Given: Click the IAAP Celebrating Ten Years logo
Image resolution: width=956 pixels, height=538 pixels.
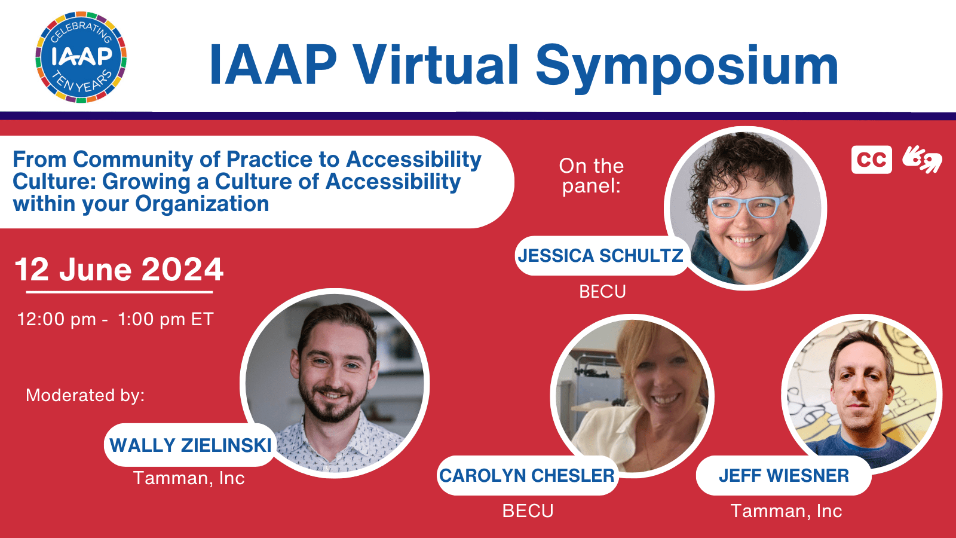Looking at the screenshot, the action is (x=81, y=57).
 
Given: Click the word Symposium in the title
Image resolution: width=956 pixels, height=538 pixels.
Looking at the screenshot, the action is (x=687, y=68).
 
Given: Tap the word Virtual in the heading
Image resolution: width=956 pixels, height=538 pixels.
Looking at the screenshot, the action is (x=437, y=65).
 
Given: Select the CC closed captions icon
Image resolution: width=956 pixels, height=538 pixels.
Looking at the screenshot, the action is (x=872, y=160).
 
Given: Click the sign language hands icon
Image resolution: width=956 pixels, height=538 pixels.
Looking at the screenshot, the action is (x=923, y=159).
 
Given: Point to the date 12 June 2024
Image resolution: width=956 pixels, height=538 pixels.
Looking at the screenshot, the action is (x=119, y=270).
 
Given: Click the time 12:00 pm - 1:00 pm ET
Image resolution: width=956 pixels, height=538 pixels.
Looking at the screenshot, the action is (x=115, y=319).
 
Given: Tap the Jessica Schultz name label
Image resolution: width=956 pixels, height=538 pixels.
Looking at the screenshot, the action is (x=600, y=255).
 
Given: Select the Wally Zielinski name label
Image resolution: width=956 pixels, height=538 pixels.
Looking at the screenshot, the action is (x=191, y=445).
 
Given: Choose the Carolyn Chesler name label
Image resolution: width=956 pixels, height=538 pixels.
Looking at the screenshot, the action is (x=527, y=475).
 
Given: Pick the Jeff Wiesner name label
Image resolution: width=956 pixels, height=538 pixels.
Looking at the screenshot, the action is (x=783, y=475).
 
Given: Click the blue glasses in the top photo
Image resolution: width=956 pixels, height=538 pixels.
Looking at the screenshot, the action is (x=747, y=207).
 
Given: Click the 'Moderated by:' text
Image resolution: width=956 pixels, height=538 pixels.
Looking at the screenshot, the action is (x=85, y=395).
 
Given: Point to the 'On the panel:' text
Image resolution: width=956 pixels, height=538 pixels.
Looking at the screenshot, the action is (x=592, y=176).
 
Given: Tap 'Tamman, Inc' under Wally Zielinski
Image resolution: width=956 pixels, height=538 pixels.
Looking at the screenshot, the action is (x=189, y=478).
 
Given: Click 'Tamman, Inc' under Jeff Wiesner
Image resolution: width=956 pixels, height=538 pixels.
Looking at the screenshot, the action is (x=786, y=511).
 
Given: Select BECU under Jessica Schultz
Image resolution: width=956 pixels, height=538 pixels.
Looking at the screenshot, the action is (x=602, y=292).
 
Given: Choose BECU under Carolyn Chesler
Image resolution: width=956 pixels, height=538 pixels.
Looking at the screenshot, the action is (x=528, y=511).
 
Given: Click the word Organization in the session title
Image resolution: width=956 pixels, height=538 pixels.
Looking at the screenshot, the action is (x=202, y=204).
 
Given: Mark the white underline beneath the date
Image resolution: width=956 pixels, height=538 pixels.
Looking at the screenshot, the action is (x=119, y=292).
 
